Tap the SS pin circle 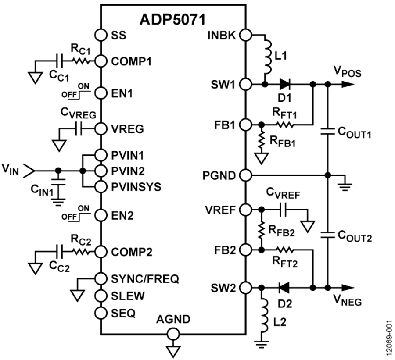[101, 35]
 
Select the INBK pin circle [245, 35]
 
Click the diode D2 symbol [283, 288]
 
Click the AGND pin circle [173, 335]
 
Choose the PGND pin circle [245, 175]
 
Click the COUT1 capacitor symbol [327, 131]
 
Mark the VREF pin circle [245, 210]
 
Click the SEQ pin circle [101, 312]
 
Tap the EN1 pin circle [101, 93]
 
